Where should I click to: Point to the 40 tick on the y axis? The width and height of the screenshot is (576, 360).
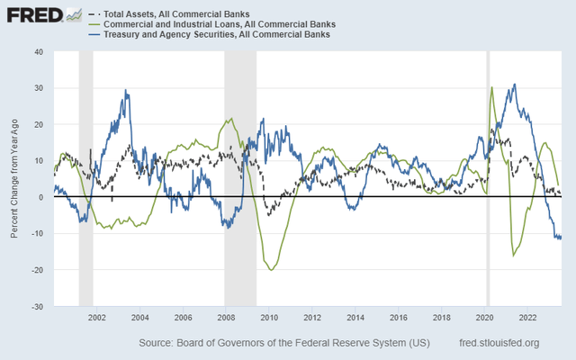pos(38,51)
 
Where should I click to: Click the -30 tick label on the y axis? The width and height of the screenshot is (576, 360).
pos(37,307)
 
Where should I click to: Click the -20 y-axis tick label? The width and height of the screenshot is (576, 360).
pos(37,270)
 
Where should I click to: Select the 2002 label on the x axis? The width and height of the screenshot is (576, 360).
pos(97,318)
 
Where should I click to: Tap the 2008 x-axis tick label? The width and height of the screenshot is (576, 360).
pos(226,318)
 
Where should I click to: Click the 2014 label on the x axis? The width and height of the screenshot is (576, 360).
pos(355,318)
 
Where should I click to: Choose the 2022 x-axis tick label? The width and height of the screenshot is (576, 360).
pos(528,318)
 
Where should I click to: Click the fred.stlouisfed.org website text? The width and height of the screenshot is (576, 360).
pos(499,343)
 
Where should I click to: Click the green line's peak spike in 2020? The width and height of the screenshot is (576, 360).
pos(491,87)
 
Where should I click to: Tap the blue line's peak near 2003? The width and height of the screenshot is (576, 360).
pos(126,90)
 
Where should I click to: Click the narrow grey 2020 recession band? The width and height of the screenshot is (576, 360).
pos(488,180)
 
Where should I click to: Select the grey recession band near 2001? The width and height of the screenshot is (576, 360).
pos(85,180)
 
